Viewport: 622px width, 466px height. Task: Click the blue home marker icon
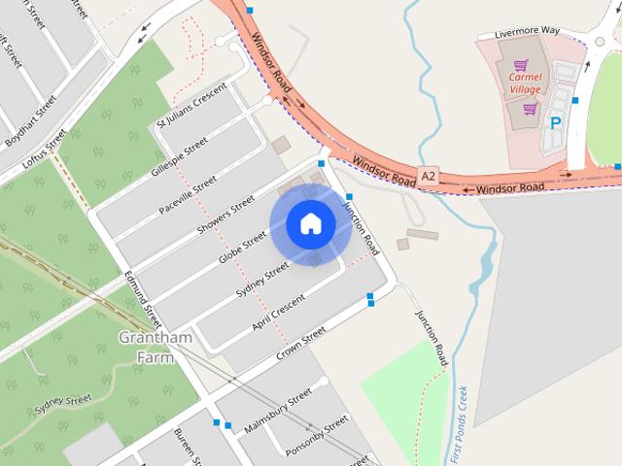310,223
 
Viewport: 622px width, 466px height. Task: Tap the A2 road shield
429,175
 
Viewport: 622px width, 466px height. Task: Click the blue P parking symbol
556,123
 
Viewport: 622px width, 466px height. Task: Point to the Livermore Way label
527,32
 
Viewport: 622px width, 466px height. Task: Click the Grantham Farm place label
155,346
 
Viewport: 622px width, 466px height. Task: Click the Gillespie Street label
180,155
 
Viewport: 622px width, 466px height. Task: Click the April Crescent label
278,308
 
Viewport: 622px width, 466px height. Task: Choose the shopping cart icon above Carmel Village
521,65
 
